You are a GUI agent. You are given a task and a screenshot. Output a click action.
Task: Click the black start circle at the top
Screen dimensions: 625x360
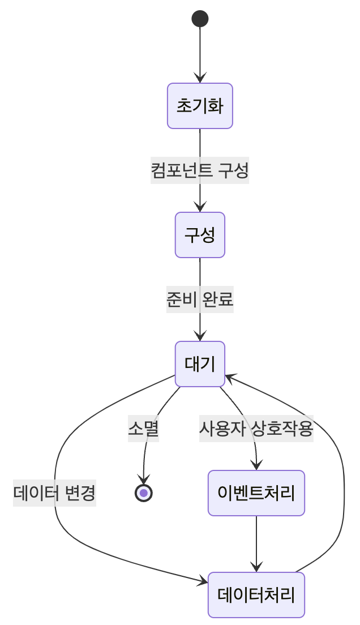tap(200, 19)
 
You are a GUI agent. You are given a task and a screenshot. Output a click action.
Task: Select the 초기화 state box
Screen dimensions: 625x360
tap(200, 106)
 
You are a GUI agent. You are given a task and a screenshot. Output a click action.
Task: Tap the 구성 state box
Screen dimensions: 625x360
tap(200, 235)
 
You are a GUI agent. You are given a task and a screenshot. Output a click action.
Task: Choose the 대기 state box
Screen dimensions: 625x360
tap(200, 364)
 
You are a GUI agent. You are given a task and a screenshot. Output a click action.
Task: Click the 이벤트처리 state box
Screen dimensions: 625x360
tap(256, 493)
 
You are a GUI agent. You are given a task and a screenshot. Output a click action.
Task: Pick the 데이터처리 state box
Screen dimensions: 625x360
tap(256, 595)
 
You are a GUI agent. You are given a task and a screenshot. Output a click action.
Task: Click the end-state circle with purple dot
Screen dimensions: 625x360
tap(144, 493)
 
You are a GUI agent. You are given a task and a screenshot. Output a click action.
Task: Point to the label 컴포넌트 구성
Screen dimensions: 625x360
tap(200, 170)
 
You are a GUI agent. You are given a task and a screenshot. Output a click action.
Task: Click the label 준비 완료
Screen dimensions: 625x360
tap(200, 299)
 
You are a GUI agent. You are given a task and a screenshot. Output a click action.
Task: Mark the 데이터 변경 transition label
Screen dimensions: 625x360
tap(54, 493)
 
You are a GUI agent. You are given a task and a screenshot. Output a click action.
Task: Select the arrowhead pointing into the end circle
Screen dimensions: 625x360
tap(144, 480)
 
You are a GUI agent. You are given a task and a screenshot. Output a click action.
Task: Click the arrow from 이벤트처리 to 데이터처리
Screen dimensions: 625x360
tap(256, 543)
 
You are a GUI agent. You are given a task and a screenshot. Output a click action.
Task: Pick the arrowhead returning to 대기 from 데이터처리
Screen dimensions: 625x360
tap(229, 377)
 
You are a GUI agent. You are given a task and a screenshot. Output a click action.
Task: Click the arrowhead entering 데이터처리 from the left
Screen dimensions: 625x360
tap(204, 581)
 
